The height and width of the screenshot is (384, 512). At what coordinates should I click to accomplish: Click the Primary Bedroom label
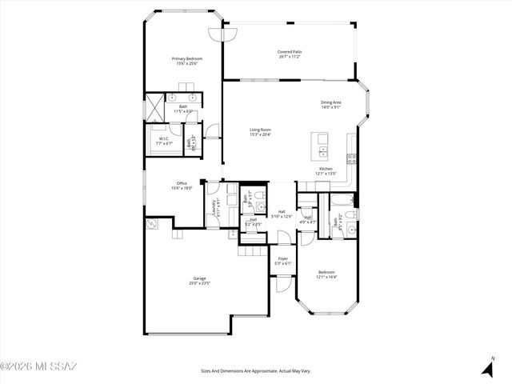pos(187,58)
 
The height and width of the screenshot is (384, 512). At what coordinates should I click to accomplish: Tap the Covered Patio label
pos(290,52)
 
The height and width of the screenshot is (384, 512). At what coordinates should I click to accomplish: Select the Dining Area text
pos(332,102)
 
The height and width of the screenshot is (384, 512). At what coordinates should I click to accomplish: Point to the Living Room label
pos(260,130)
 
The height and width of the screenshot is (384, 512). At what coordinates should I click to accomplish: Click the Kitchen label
pos(326,169)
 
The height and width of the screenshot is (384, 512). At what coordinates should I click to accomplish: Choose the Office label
pos(182,183)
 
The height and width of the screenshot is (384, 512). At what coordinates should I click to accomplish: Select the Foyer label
pos(283,258)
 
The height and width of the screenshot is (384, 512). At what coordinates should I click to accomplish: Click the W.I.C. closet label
pos(163,138)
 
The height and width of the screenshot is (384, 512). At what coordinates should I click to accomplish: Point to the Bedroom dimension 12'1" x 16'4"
pos(326,277)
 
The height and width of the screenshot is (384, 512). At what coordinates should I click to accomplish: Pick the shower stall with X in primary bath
pos(154,107)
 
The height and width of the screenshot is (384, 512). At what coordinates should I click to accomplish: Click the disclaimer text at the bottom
pos(255,370)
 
